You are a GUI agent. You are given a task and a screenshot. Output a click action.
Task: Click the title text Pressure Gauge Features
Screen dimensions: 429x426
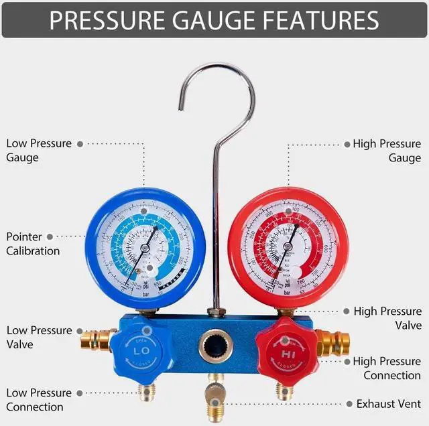pos(214,20)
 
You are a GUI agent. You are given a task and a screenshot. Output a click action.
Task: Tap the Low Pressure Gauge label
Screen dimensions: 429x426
pos(32,151)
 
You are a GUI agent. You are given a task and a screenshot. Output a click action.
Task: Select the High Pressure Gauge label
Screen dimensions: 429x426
pos(387,151)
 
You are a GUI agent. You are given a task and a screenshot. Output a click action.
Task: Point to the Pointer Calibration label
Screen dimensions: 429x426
pos(33,244)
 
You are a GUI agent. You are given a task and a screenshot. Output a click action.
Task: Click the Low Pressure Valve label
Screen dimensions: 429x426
pos(39,338)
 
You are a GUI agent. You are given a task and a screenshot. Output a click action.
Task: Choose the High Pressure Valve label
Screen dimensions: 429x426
pos(387,318)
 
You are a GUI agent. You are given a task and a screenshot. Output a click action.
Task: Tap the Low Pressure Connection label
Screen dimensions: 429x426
pos(39,400)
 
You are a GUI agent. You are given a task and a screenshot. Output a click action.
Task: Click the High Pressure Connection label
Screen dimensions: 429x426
pos(387,368)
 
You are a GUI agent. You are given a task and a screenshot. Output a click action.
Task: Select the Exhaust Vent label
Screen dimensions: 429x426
pos(389,404)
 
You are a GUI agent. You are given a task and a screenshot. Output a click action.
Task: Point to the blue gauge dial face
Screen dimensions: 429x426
pos(145,248)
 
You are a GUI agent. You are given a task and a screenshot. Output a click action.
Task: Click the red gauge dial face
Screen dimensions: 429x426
pos(288,248)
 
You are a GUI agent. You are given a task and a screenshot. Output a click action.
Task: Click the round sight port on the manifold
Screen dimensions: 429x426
pos(214,346)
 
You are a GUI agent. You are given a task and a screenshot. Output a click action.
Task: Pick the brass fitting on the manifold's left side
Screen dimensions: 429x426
pos(96,340)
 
